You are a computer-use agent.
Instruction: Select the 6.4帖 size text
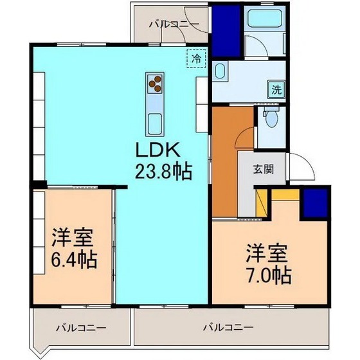tap(73, 261)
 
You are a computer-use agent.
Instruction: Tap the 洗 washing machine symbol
tap(274, 89)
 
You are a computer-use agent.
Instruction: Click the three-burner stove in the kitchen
tap(156, 82)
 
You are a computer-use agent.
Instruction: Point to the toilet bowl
tap(271, 119)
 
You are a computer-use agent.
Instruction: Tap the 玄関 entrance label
tap(262, 170)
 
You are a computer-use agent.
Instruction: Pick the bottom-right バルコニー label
tap(228, 327)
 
